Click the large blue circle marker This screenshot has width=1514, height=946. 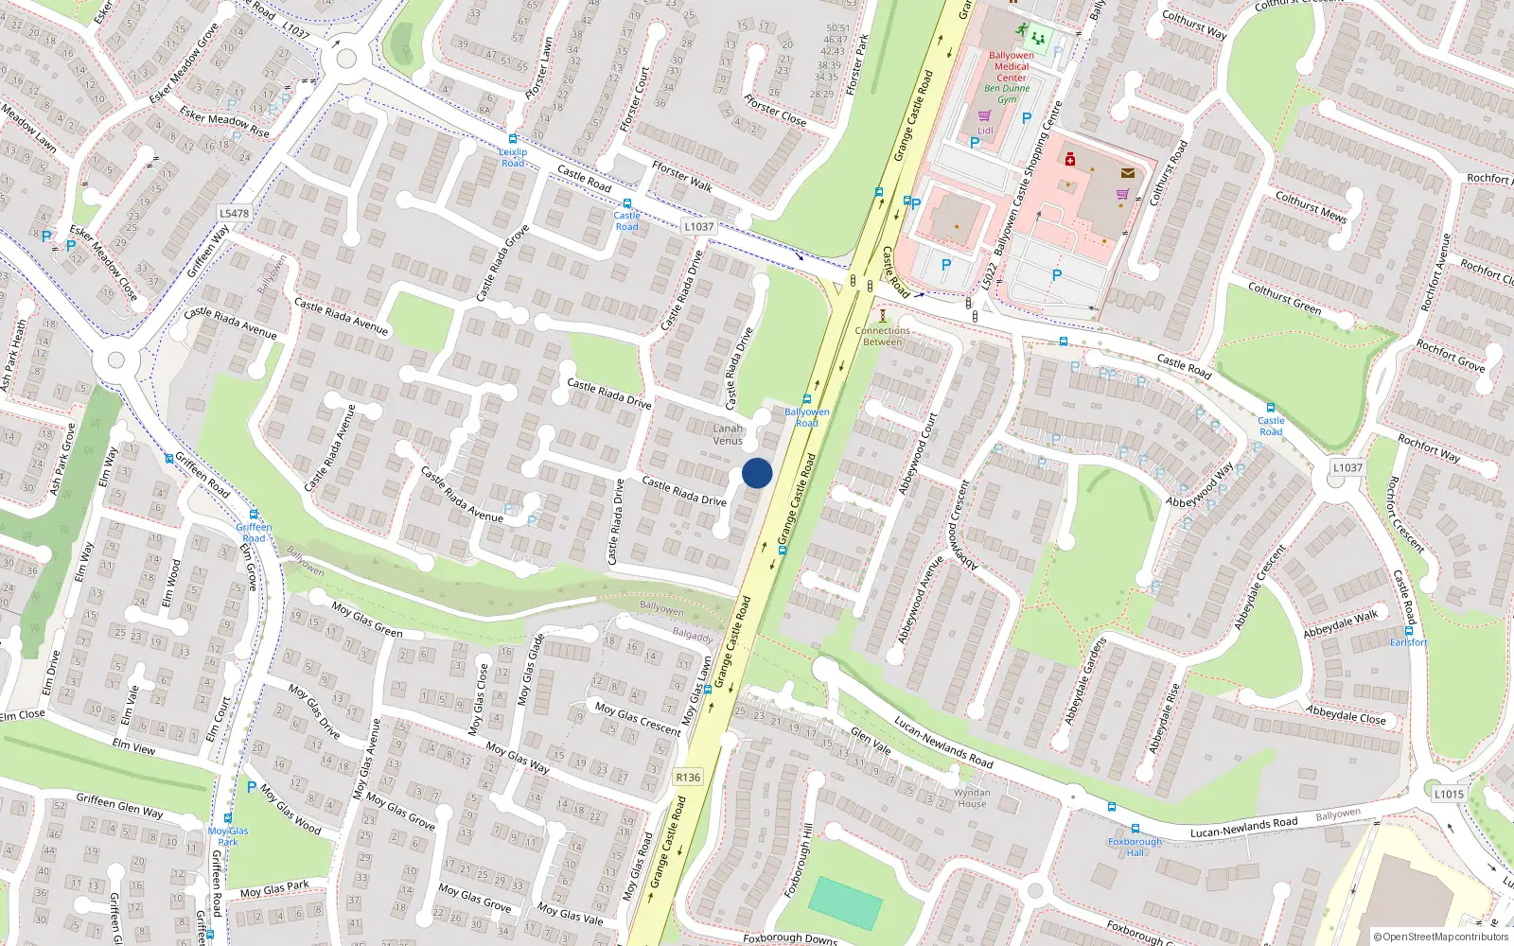coord(757,473)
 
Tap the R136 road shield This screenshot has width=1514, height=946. coord(688,778)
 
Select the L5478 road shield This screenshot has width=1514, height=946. coord(234,214)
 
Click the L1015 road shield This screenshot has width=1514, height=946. coord(1448,794)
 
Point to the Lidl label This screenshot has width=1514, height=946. coord(985,131)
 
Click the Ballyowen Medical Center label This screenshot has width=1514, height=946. coord(1011,66)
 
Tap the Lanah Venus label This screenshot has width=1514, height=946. coord(728,434)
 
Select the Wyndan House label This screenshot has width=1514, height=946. coord(972,798)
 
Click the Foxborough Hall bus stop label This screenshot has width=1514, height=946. coord(1135,847)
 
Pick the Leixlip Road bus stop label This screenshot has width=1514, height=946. coord(513,157)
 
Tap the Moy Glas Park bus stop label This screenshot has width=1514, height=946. coord(228,836)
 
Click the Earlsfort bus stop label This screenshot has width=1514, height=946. coord(1408,642)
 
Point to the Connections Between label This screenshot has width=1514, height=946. coord(882,336)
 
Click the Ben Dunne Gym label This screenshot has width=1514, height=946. coord(1007,94)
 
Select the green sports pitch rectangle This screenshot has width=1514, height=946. coord(845,903)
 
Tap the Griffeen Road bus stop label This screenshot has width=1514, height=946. coord(254,533)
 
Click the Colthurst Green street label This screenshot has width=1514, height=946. coord(1284,298)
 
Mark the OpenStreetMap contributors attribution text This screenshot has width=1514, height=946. coord(1441,937)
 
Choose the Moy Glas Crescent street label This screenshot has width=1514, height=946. coord(638,718)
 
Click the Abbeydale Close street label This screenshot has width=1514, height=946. coord(1346,715)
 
